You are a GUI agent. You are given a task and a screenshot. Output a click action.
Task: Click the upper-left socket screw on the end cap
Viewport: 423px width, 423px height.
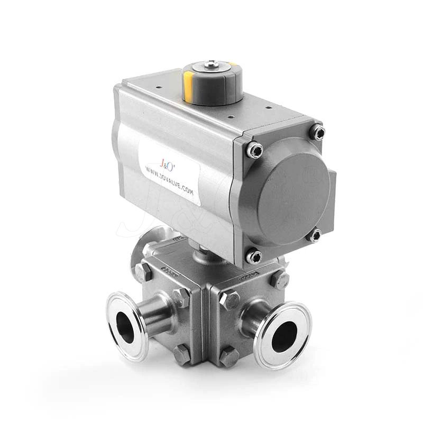pyautogui.click(x=255, y=151)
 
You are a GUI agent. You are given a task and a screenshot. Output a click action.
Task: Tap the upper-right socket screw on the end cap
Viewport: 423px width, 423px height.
pyautogui.click(x=317, y=132)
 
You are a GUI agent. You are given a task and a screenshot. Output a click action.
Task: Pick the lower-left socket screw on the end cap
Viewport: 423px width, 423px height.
pyautogui.click(x=254, y=256)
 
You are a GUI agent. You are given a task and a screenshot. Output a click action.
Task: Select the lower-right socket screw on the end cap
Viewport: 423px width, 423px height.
pyautogui.click(x=315, y=235)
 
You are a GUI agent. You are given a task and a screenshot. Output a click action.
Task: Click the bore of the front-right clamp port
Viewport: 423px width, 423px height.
pyautogui.click(x=284, y=336)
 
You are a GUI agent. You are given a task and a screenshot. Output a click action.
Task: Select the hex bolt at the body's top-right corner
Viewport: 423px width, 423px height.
pyautogui.click(x=280, y=279)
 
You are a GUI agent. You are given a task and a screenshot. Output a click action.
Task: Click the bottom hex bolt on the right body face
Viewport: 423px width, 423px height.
pyautogui.click(x=229, y=357)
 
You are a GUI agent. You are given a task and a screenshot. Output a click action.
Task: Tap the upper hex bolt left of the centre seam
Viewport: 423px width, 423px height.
pyautogui.click(x=181, y=298)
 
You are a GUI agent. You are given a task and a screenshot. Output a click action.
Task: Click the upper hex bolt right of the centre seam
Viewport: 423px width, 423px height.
pyautogui.click(x=229, y=300)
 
